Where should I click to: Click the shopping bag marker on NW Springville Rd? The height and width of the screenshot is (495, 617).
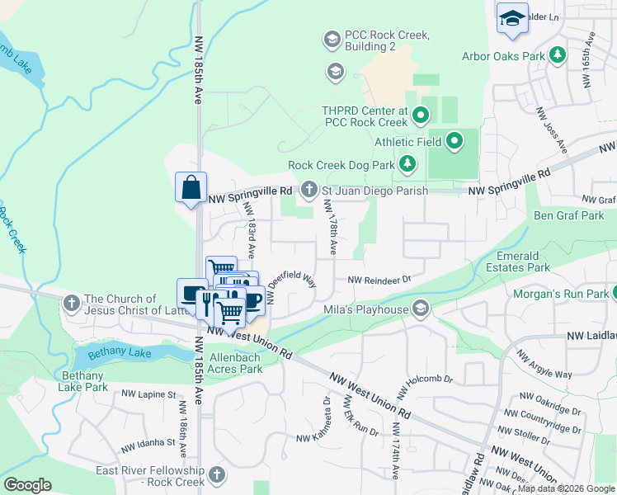[x=191, y=186]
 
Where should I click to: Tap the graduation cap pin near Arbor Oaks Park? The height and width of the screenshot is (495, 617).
[x=512, y=19]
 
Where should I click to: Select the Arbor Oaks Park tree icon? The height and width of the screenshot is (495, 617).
[x=558, y=55]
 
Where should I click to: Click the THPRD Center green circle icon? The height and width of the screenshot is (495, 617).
[x=421, y=115]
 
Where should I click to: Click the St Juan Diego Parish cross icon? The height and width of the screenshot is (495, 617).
[x=309, y=191]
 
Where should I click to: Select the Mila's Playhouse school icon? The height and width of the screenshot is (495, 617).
[x=421, y=309]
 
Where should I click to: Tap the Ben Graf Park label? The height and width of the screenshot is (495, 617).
[x=568, y=216]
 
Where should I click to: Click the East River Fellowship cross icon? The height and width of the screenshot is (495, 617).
[x=217, y=475]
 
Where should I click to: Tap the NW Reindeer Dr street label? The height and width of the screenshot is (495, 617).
[x=379, y=280]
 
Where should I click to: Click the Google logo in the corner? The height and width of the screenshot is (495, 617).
[x=27, y=484]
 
